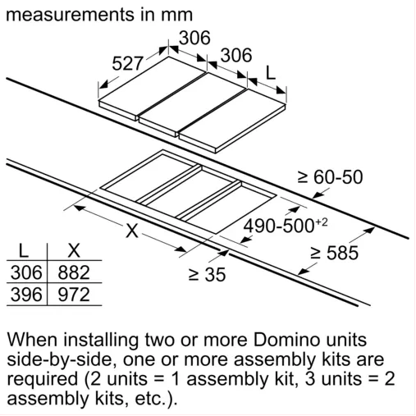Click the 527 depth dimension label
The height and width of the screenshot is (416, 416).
(127, 64)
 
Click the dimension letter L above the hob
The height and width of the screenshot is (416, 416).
(271, 73)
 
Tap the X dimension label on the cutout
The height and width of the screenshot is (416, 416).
(132, 231)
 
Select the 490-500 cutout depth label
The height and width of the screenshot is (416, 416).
(279, 226)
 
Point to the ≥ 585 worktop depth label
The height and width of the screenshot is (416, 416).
(334, 253)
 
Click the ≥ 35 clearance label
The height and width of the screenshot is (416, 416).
(207, 274)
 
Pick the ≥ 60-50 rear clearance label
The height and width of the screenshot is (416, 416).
(330, 177)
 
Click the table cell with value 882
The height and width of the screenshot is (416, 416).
(74, 272)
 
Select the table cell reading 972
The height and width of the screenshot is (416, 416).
(74, 295)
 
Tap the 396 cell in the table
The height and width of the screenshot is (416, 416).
(26, 295)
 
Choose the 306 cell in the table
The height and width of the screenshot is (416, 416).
(26, 272)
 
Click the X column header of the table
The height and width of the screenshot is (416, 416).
(74, 250)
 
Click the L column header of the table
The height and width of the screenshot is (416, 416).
(24, 250)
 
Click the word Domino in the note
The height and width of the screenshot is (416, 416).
(286, 340)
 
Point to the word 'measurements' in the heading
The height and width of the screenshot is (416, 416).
(71, 15)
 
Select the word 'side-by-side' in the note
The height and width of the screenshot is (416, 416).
(60, 360)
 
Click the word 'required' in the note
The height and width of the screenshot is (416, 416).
(43, 380)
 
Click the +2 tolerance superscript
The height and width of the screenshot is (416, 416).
(322, 222)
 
